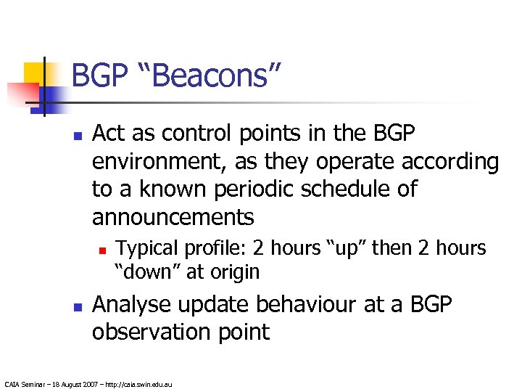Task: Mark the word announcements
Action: [173, 217]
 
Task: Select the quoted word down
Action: [145, 272]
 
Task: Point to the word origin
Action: [233, 273]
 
